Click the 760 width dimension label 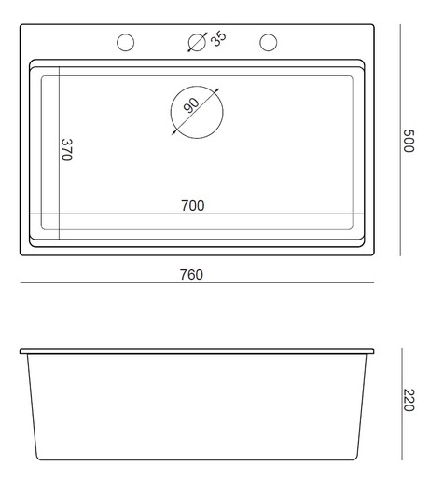pos(190,275)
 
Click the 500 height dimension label pos(408,141)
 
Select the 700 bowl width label pos(193,205)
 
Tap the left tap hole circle pos(125,43)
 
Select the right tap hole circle pos(269,43)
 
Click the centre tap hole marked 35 pos(197,43)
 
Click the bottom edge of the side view pos(197,459)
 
